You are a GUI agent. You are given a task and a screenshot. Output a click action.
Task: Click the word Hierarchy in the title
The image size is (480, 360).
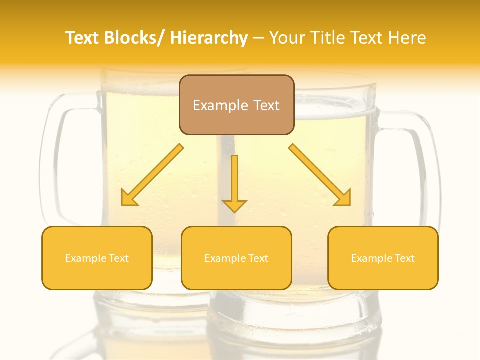click(209, 38)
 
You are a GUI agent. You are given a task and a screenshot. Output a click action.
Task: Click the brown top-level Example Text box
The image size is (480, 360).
click(236, 105)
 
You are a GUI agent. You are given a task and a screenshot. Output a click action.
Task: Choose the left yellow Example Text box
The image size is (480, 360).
click(97, 258)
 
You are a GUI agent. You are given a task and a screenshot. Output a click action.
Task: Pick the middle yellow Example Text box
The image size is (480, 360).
click(236, 258)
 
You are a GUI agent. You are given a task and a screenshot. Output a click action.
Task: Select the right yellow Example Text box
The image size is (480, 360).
click(383, 258)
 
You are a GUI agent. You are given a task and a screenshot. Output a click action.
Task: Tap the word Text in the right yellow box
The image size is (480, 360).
click(404, 258)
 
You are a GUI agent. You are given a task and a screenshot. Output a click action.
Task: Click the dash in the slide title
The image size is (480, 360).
click(258, 38)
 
